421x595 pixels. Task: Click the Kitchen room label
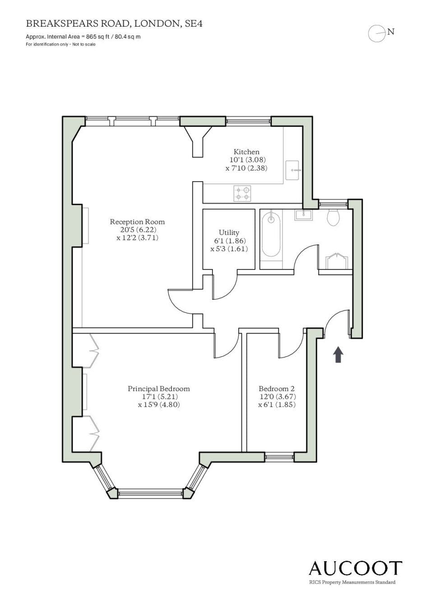[x=246, y=152]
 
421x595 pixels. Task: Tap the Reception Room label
[x=137, y=221]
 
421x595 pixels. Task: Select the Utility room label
[x=229, y=233]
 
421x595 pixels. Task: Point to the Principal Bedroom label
[x=159, y=389]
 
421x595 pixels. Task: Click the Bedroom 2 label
[x=277, y=389]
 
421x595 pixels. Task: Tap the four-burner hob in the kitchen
[x=242, y=193]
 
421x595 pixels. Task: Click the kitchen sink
[x=293, y=170]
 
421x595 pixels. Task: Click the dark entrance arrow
[x=338, y=354]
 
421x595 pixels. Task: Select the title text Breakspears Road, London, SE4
[x=114, y=24]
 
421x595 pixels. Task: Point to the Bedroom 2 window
[x=279, y=457]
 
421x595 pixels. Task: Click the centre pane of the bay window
[x=151, y=493]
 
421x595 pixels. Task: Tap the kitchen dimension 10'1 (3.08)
[x=248, y=160]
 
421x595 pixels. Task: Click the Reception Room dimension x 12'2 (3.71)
[x=137, y=238]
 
